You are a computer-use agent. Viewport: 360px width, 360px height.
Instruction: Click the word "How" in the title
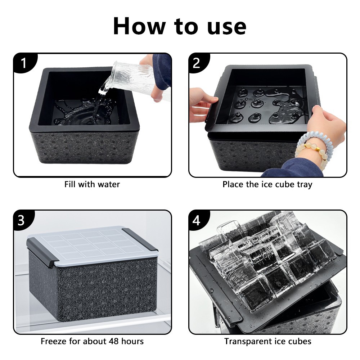(140, 26)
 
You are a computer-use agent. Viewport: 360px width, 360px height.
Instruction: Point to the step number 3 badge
(22, 220)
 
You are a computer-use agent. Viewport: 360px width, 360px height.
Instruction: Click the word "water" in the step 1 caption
(108, 184)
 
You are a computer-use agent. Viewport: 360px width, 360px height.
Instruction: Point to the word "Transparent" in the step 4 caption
(247, 342)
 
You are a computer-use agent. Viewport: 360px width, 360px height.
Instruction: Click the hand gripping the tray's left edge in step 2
(203, 104)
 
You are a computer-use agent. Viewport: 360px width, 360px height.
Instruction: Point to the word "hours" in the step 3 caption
(132, 341)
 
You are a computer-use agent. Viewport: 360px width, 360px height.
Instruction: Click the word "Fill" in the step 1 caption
(70, 184)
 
